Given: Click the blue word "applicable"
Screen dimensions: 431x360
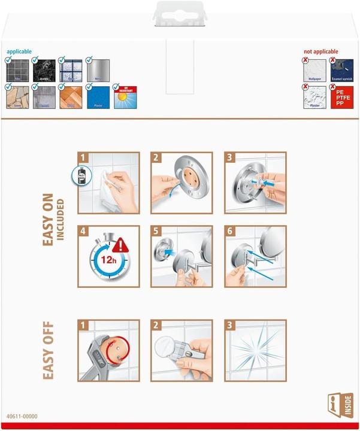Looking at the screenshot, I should coord(20,52).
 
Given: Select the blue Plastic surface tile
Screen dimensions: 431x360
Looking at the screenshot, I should coord(98,97).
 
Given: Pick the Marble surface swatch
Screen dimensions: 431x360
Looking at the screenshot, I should coord(43,70).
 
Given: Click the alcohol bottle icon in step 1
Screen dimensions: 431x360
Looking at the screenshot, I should coord(84,176).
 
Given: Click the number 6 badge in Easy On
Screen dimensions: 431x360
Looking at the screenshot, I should coord(231,231).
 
